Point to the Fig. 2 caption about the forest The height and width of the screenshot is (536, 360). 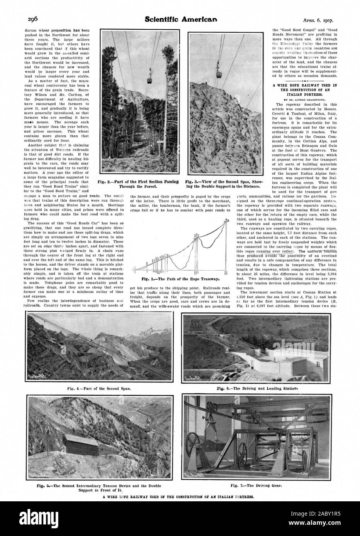(139, 184)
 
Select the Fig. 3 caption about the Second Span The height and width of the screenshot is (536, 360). (223, 184)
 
